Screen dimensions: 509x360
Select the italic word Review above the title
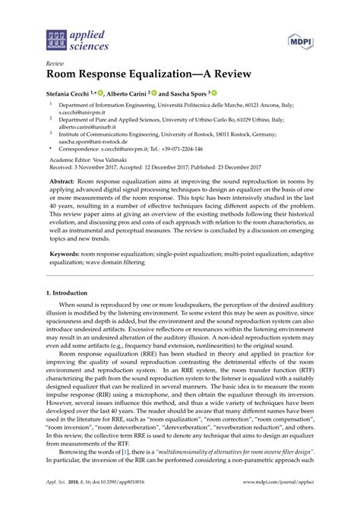pyautogui.click(x=57, y=65)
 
